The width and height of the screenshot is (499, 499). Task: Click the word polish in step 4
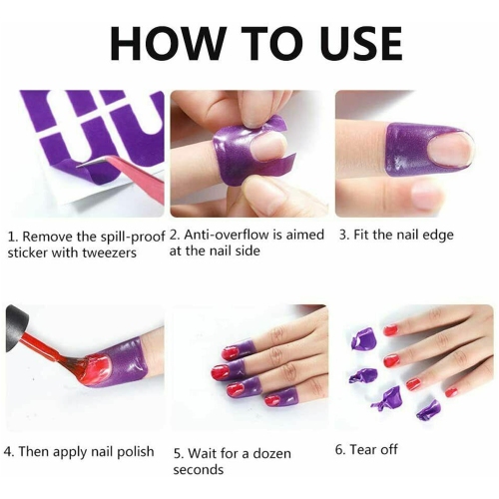133,451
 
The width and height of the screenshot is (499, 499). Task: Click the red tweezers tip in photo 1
105,164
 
